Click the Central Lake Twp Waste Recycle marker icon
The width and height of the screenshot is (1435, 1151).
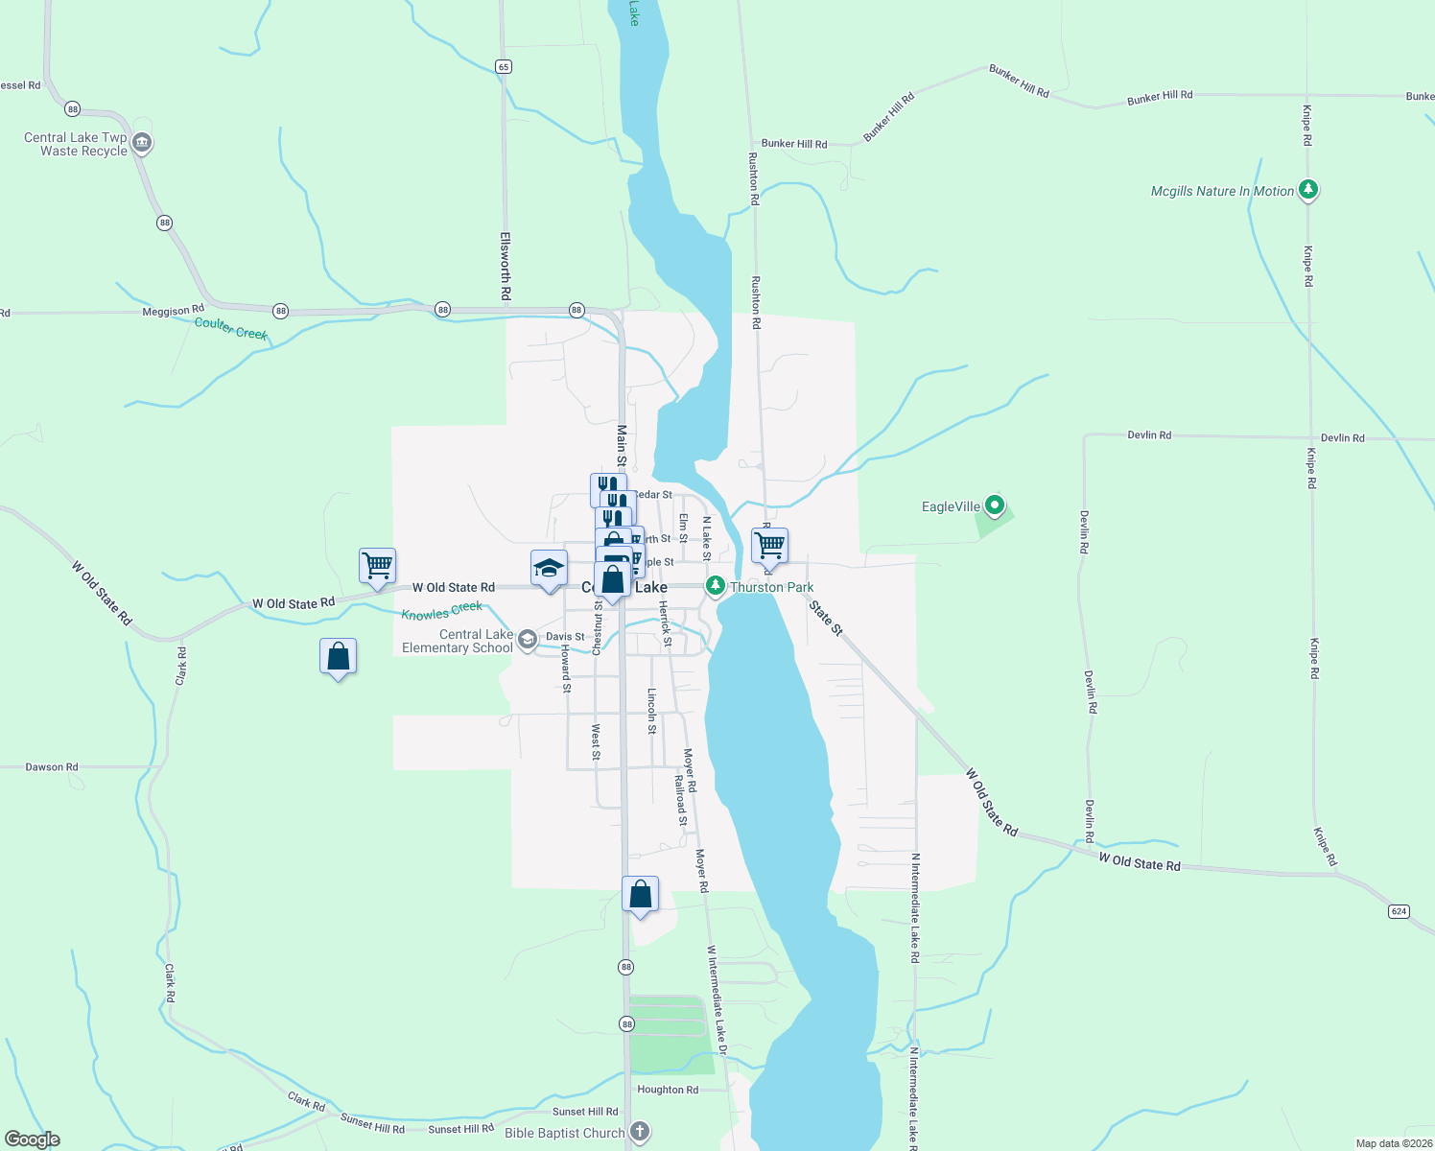(x=142, y=144)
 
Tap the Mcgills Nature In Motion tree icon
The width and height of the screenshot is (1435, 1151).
(x=1308, y=190)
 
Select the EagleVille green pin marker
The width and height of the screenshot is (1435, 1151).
(x=995, y=505)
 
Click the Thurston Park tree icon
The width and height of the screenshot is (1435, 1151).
(x=715, y=586)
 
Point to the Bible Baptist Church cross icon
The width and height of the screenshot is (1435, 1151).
(x=640, y=1132)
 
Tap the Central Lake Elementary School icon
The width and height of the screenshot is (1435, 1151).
(x=527, y=640)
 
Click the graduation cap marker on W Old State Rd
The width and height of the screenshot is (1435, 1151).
(x=549, y=569)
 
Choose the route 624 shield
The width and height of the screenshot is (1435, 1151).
(x=1399, y=911)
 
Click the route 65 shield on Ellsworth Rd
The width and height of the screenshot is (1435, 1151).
(x=504, y=66)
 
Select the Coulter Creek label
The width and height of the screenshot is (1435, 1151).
(x=230, y=328)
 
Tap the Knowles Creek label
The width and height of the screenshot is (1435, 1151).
(x=441, y=611)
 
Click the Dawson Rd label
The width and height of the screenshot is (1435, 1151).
(x=52, y=767)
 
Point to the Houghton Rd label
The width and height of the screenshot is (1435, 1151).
(x=668, y=1090)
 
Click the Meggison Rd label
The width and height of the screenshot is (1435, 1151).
(x=173, y=311)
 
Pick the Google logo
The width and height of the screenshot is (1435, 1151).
(x=33, y=1139)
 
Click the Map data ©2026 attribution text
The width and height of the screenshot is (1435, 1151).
(x=1393, y=1143)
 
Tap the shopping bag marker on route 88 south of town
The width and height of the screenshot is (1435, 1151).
(x=640, y=895)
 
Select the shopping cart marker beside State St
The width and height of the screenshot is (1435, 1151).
(x=769, y=546)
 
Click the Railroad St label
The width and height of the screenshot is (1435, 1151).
(x=680, y=801)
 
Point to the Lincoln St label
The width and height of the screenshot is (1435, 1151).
(x=651, y=711)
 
